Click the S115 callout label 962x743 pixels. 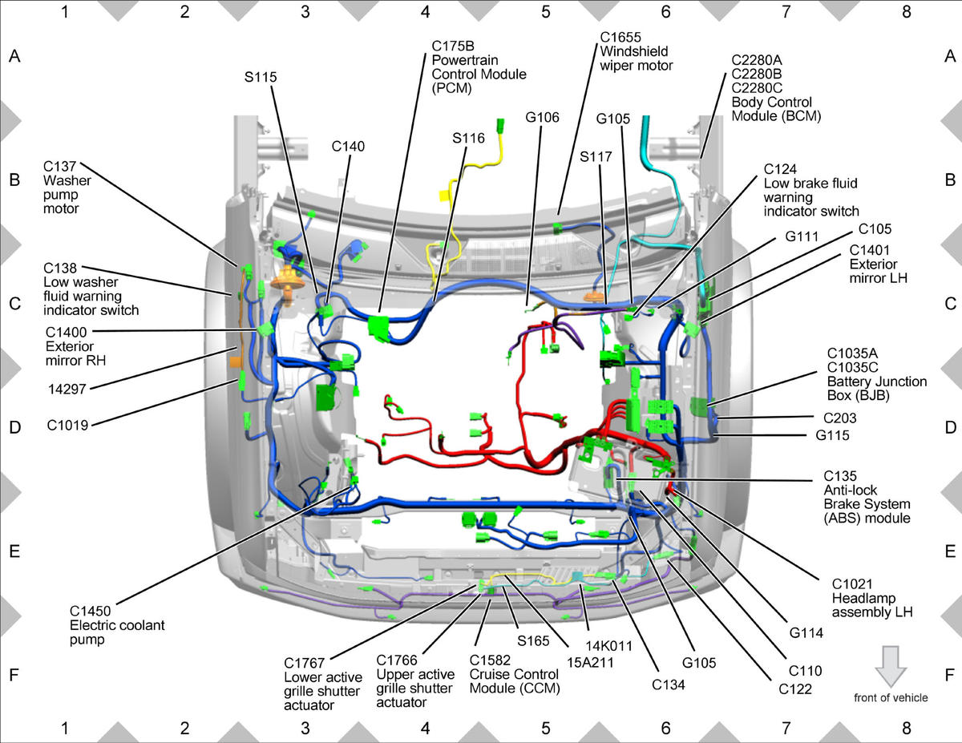[x=261, y=78]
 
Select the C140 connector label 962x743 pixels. [x=348, y=147]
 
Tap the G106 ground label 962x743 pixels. [x=542, y=117]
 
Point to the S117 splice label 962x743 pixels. [x=596, y=156]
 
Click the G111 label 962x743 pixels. [x=802, y=236]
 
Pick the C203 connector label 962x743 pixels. [x=840, y=418]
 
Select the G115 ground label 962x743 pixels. [x=832, y=435]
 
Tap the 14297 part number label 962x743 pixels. [x=67, y=390]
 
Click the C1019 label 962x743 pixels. [x=67, y=426]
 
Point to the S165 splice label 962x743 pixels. [x=533, y=640]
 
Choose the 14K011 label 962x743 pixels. [x=609, y=646]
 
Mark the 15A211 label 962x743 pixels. [x=591, y=663]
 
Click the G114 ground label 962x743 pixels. [x=806, y=633]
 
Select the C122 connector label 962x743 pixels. [x=795, y=689]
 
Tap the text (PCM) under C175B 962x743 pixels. [x=451, y=88]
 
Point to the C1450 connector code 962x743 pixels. [x=91, y=611]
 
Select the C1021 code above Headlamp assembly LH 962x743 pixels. [x=851, y=584]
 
